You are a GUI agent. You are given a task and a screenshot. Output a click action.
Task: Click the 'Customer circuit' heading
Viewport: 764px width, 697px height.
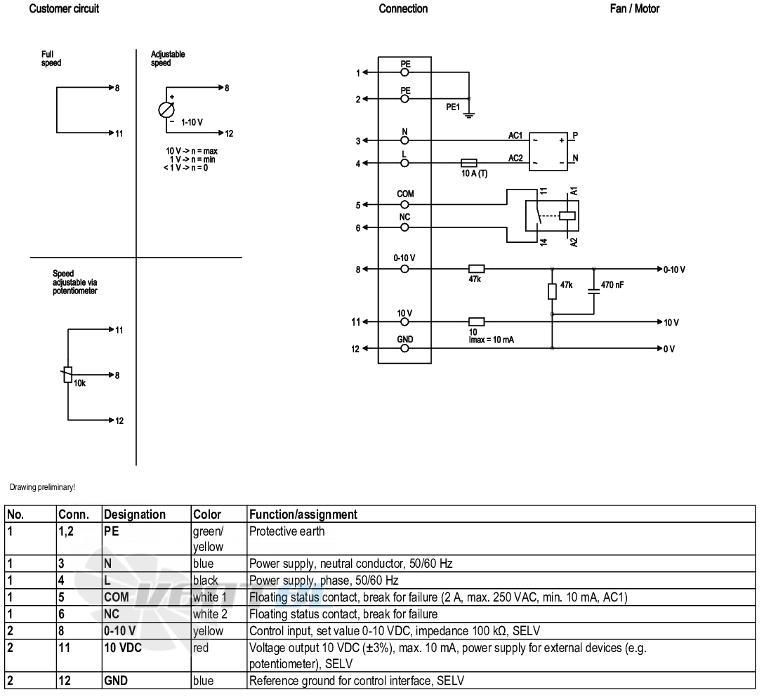coord(64,8)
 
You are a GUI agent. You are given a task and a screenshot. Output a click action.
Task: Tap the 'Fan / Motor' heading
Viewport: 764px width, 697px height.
coord(634,8)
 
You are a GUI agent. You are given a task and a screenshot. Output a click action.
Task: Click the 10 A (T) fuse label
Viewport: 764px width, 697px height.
coord(474,173)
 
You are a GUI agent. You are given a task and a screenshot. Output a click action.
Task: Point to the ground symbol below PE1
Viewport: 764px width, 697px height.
coord(469,116)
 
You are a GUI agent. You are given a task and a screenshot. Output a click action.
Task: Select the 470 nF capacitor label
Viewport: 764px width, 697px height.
coord(612,285)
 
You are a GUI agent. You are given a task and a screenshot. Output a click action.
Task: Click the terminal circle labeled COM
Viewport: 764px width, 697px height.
coord(404,205)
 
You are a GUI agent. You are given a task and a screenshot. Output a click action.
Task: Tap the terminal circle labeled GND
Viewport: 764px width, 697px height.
coord(404,349)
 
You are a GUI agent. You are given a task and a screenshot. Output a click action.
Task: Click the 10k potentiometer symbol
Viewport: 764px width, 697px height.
coord(68,375)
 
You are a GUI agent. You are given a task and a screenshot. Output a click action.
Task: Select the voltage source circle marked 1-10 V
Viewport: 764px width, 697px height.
coord(166,110)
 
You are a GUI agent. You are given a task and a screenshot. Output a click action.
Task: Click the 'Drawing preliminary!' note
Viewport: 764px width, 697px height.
coord(42,487)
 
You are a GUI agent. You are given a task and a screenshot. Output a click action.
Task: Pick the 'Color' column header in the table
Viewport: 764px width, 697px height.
coord(207,515)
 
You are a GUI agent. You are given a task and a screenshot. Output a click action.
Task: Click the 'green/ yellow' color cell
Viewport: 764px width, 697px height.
coord(208,538)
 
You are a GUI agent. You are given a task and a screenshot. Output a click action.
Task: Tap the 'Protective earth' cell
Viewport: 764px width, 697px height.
coord(287,531)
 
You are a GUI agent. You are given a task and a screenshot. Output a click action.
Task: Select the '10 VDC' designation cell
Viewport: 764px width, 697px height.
coord(123,648)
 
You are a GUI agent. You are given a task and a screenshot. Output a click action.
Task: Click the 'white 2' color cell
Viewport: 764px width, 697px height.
coord(210,614)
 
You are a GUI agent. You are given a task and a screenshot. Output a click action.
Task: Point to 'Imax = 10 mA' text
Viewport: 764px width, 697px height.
coord(491,340)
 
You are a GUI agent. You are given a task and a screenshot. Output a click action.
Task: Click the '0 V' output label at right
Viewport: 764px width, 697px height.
coord(669,350)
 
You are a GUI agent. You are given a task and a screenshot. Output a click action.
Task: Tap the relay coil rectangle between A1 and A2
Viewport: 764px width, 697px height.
coord(567,215)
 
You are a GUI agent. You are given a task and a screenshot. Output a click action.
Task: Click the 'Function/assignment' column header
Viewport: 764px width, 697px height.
coord(303,515)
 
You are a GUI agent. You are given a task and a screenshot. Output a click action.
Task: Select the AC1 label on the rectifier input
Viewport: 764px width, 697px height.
coord(515,135)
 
